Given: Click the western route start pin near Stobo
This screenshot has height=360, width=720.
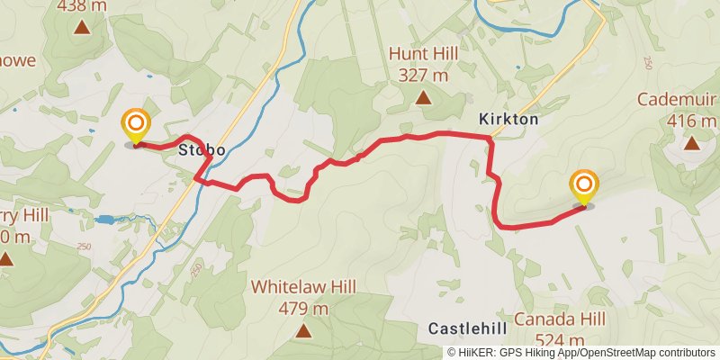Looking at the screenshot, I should (136, 126).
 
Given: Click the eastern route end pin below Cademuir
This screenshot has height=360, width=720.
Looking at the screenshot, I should (583, 187).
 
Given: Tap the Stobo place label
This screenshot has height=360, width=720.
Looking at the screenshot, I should (201, 148).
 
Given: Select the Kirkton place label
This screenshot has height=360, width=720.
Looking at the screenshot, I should (508, 119).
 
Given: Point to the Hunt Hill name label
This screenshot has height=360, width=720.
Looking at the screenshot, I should (423, 54).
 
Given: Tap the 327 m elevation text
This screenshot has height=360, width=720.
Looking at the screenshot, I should (423, 76).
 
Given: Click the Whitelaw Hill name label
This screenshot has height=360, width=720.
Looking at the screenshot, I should (304, 287).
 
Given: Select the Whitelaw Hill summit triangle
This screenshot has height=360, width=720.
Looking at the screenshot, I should (304, 331).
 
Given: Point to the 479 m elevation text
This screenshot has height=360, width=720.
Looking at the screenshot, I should (304, 309).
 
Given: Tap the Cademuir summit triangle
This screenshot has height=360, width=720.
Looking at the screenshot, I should (691, 142).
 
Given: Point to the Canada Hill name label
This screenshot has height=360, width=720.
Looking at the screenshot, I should (560, 319).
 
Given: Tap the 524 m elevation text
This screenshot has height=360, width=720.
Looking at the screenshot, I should (560, 341).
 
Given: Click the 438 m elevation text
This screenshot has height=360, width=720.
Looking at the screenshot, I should (82, 5).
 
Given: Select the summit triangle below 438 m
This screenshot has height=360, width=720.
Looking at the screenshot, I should (82, 27).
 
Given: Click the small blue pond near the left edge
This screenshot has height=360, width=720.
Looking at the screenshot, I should (104, 219).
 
